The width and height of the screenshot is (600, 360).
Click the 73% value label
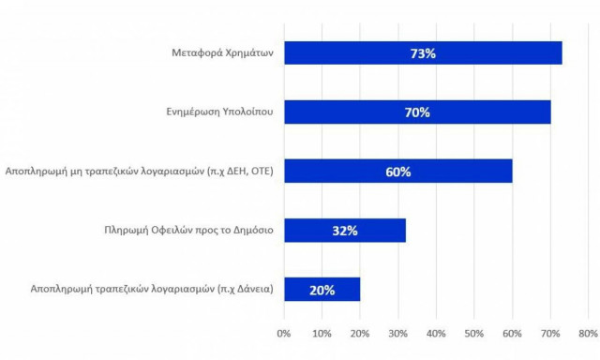[423, 53]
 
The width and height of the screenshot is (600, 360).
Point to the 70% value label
[417, 112]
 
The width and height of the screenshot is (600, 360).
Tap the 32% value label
[344, 231]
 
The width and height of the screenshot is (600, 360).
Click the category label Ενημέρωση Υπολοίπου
[214, 112]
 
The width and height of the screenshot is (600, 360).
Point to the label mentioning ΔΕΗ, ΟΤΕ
[139, 172]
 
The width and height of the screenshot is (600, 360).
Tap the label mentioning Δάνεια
[139, 290]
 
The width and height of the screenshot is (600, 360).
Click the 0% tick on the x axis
[284, 333]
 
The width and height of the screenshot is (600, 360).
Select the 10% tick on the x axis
[322, 333]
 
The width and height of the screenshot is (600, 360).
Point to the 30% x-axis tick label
[397, 333]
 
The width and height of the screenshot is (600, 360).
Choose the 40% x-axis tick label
[436, 333]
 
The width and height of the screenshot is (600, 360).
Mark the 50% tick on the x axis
[473, 333]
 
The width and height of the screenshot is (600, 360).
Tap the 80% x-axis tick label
[587, 333]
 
